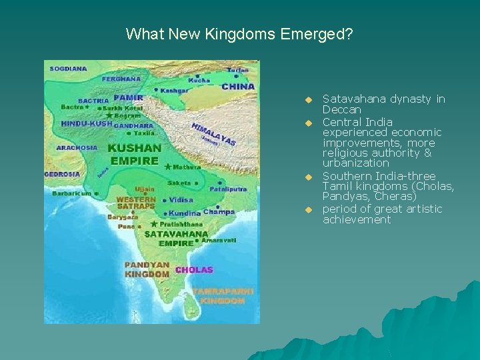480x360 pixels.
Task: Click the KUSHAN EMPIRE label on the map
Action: coord(134,154)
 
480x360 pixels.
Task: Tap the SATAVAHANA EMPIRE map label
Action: coord(176,239)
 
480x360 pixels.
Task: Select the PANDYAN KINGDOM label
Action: coord(147,269)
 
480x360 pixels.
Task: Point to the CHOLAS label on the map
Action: coord(194,270)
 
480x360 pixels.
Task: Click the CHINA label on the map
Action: coord(238,87)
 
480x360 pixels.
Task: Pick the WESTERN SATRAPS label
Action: coord(136,203)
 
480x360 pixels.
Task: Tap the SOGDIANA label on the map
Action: coord(66,68)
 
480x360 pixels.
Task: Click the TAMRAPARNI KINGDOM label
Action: coord(219,296)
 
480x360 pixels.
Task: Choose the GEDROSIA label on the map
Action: coord(62,174)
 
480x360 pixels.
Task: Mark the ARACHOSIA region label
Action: coord(76,147)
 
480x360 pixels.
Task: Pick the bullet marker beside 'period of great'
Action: coord(309,210)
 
